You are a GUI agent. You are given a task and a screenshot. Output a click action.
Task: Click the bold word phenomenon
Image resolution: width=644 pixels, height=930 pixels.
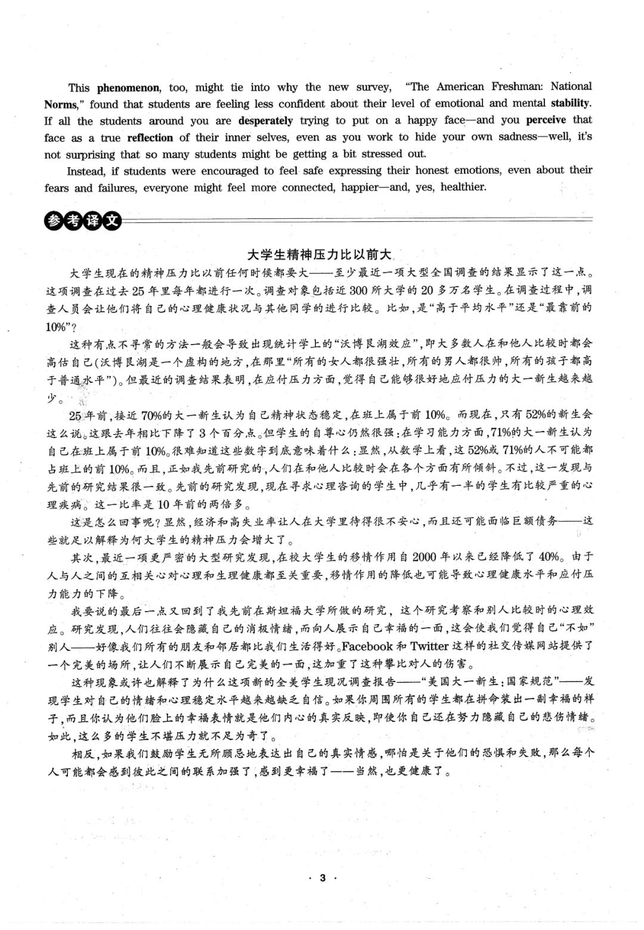pyautogui.click(x=128, y=88)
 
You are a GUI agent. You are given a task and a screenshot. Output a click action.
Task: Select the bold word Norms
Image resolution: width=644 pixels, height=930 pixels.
pyautogui.click(x=61, y=104)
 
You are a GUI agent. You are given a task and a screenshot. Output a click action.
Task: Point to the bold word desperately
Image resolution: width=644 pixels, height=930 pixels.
pyautogui.click(x=265, y=120)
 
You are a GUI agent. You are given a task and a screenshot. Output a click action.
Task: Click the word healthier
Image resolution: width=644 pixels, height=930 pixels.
pyautogui.click(x=463, y=187)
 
